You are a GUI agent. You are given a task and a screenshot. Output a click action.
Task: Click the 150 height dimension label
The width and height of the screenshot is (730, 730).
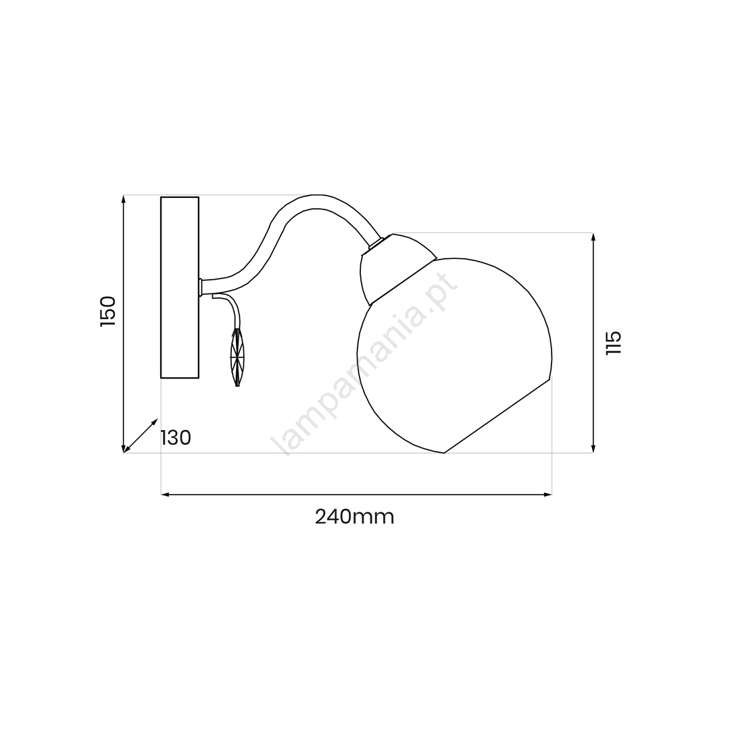click(107, 311)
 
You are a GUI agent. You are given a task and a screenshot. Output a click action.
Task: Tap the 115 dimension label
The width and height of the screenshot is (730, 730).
click(613, 343)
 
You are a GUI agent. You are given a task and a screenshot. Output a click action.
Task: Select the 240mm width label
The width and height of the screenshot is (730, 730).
click(355, 517)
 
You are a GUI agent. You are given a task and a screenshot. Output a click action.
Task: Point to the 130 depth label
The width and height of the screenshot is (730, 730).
click(176, 437)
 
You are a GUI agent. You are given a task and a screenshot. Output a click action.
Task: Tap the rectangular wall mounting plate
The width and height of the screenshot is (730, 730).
click(180, 287)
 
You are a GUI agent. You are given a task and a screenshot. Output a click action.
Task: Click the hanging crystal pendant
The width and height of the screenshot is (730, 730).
click(237, 358)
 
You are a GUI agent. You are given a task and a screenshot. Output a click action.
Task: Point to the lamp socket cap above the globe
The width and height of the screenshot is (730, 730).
click(395, 268)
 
